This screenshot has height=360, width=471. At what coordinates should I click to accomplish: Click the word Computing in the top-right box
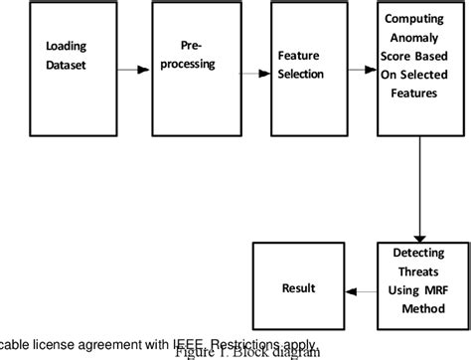pyautogui.click(x=416, y=18)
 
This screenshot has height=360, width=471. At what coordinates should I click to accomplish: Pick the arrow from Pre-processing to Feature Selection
pyautogui.click(x=255, y=74)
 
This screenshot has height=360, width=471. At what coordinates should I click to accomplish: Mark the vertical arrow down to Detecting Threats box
pyautogui.click(x=421, y=189)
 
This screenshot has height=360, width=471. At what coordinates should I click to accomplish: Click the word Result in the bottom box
pyautogui.click(x=299, y=288)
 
